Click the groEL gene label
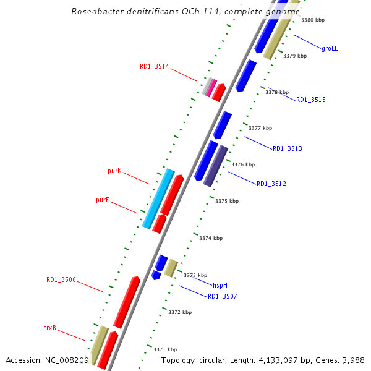(x=330, y=48)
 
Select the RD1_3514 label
(x=154, y=66)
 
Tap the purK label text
(x=114, y=170)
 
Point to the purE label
(x=103, y=200)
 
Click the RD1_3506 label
(x=61, y=280)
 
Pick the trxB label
(x=50, y=328)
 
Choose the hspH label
(x=220, y=285)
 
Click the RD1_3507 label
(x=222, y=296)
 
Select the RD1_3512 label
(x=271, y=184)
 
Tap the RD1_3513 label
(x=288, y=148)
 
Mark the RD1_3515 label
(x=311, y=100)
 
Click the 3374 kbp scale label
(x=211, y=238)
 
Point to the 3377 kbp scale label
(x=260, y=129)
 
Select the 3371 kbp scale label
(x=165, y=349)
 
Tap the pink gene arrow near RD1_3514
(x=211, y=87)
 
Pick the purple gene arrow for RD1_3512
(x=216, y=166)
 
